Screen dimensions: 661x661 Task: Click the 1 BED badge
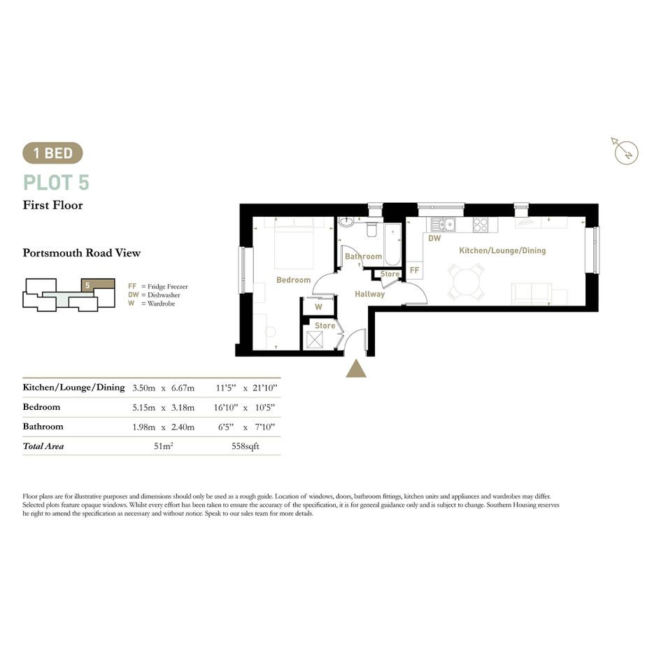[52, 153]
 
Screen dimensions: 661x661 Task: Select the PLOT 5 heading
[56, 183]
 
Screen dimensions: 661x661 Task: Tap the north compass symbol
[625, 151]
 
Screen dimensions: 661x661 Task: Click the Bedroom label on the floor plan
[293, 280]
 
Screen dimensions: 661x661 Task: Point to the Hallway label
[370, 294]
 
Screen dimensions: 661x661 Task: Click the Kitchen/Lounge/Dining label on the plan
[502, 250]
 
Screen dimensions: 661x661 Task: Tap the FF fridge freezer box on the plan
[414, 270]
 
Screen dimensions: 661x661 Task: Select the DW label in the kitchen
[434, 239]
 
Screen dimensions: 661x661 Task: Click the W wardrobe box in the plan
[319, 307]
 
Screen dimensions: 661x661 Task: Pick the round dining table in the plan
[465, 282]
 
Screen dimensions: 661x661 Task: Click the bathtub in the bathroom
[392, 245]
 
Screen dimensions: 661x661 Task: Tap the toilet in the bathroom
[372, 229]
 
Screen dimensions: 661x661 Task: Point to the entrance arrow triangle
[356, 369]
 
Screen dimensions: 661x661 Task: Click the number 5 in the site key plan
[87, 286]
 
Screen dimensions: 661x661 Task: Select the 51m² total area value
[164, 446]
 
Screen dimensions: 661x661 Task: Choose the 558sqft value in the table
[246, 446]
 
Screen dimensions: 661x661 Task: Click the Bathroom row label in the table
[43, 427]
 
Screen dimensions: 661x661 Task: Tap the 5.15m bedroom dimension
[144, 408]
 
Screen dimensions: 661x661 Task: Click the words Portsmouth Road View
[81, 253]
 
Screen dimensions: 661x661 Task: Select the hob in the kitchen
[480, 225]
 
